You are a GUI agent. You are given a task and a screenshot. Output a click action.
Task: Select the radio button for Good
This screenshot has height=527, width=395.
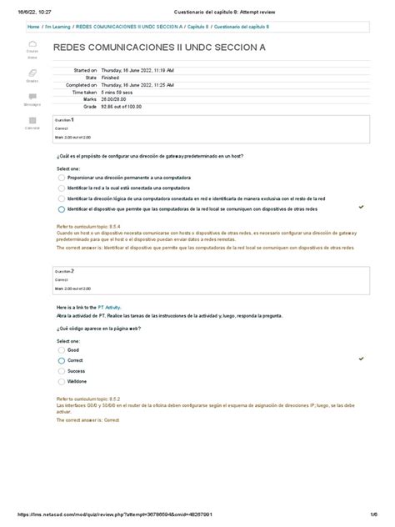pos(61,350)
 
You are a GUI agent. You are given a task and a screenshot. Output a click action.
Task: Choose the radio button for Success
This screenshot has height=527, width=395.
pos(61,370)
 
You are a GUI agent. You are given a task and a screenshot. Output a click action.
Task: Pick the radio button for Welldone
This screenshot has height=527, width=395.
pos(61,380)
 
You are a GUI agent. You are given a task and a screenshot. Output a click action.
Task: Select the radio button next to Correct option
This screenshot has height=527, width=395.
pos(61,360)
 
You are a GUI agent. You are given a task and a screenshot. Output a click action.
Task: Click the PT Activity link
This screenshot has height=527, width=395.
pos(109,308)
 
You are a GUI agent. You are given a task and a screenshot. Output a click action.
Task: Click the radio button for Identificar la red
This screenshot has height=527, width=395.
pos(61,188)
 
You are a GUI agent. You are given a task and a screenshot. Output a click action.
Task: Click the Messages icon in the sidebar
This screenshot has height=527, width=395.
pos(32,98)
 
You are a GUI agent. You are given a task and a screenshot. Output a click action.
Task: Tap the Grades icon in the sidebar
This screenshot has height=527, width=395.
pos(32,75)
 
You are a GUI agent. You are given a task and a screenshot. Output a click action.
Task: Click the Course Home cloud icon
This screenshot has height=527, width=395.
pos(32,46)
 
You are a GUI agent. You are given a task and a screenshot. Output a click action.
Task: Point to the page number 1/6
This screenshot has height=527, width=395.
pos(376,514)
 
